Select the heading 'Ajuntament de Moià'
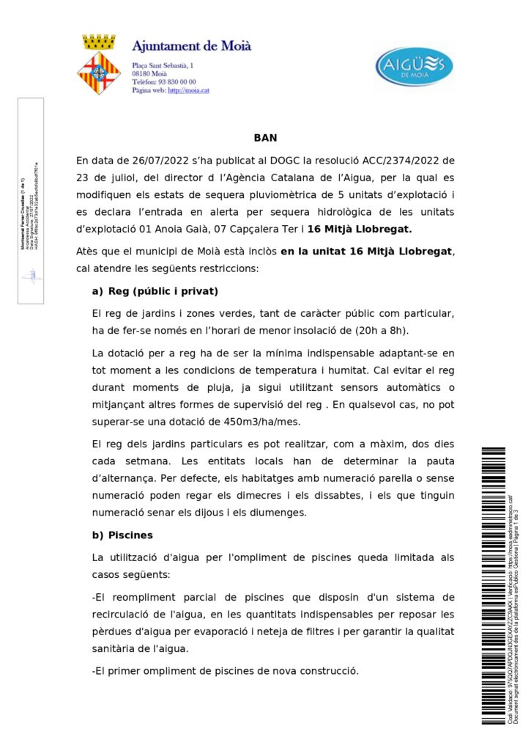tap(192, 45)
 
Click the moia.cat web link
tap(189, 90)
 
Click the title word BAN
tap(265, 137)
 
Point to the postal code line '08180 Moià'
tap(149, 74)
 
